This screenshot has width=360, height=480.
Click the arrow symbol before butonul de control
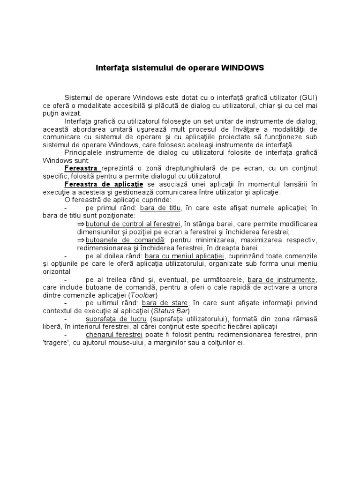pyautogui.click(x=82, y=224)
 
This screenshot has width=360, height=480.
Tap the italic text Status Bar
pyautogui.click(x=170, y=311)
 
